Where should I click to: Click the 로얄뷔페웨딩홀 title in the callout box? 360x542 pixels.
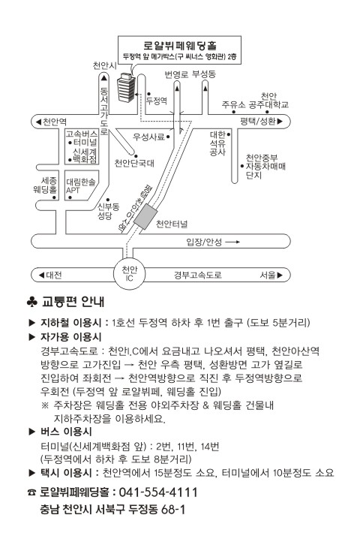pyautogui.click(x=180, y=45)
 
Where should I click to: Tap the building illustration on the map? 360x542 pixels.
pyautogui.click(x=126, y=87)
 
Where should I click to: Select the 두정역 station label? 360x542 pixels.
pyautogui.click(x=157, y=101)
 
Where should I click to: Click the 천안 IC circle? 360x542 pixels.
pyautogui.click(x=130, y=273)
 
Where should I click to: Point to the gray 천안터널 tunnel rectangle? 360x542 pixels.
pyautogui.click(x=145, y=216)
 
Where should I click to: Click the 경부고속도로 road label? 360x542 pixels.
pyautogui.click(x=197, y=276)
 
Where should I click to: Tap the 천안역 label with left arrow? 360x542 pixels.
pyautogui.click(x=51, y=122)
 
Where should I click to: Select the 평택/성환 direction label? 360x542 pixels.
pyautogui.click(x=262, y=122)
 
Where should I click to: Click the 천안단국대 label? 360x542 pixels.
pyautogui.click(x=134, y=163)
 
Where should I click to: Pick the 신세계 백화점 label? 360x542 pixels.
pyautogui.click(x=84, y=155)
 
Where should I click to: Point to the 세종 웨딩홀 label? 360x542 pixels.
pyautogui.click(x=45, y=185)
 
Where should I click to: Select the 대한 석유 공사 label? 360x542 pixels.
pyautogui.click(x=217, y=143)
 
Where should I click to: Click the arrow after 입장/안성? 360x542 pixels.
pyautogui.click(x=232, y=242)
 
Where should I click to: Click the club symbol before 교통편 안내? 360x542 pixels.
pyautogui.click(x=31, y=302)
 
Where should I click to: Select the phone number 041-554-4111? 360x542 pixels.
pyautogui.click(x=158, y=492)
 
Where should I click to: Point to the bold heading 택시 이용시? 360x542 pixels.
pyautogui.click(x=66, y=473)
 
